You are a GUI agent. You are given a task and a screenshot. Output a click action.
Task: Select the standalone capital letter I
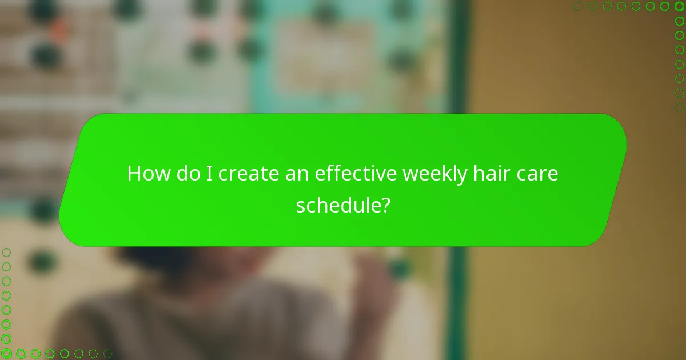(x=210, y=173)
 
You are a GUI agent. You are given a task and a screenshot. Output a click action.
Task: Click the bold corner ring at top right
(x=679, y=6)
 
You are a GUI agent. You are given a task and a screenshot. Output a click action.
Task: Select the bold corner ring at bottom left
(x=6, y=354)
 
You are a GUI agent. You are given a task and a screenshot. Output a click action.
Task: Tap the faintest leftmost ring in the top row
(x=579, y=6)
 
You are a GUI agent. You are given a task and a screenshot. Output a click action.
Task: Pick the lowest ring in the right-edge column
(x=679, y=107)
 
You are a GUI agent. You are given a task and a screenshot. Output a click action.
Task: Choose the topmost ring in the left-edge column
(x=6, y=252)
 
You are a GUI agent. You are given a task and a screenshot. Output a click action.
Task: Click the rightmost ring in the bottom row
(x=107, y=354)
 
